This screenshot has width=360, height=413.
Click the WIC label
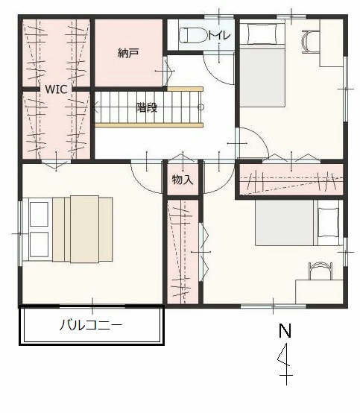click(x=56, y=89)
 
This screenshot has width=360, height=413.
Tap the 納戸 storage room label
click(x=128, y=54)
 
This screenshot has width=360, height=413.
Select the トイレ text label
click(x=219, y=35)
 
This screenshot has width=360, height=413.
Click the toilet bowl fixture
click(x=193, y=35)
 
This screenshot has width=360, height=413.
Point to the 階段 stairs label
click(x=147, y=107)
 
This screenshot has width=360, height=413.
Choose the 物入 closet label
click(x=183, y=180)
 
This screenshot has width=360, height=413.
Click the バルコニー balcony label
click(x=91, y=325)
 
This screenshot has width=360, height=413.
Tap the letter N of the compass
click(x=285, y=330)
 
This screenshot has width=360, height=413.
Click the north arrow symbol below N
click(x=285, y=364)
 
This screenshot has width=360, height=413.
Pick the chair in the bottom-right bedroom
click(x=320, y=271)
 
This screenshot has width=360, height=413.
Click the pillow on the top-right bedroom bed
click(x=262, y=34)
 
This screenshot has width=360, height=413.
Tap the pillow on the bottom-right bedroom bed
click(x=328, y=223)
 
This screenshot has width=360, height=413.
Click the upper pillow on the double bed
click(x=40, y=214)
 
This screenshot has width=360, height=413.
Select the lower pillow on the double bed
click(x=40, y=245)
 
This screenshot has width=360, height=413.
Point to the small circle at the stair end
click(x=201, y=107)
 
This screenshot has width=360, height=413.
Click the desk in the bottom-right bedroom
click(x=319, y=291)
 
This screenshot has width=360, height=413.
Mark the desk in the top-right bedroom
click(x=332, y=43)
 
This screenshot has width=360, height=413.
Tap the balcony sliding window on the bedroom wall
click(x=92, y=306)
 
